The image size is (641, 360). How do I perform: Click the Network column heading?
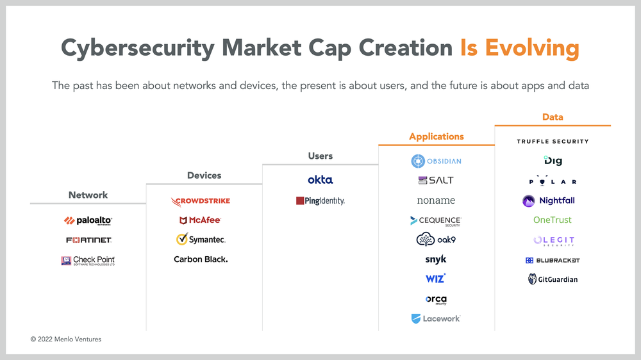(x=88, y=195)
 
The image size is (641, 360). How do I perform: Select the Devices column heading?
(x=204, y=176)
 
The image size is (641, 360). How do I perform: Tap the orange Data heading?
(x=553, y=117)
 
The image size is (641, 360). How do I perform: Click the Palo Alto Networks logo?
(x=88, y=220)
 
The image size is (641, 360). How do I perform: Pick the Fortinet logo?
(x=88, y=240)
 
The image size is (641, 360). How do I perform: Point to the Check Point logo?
(x=88, y=260)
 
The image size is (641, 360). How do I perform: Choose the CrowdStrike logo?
(x=200, y=201)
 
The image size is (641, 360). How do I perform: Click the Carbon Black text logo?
(x=201, y=259)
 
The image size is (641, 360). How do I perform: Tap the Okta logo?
(x=320, y=179)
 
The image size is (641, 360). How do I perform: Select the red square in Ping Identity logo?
(x=300, y=200)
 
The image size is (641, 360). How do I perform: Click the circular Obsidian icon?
(x=418, y=161)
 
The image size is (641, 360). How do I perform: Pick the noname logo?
(x=436, y=200)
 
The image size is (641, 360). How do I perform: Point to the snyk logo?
(x=436, y=259)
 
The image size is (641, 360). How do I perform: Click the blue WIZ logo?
(x=435, y=279)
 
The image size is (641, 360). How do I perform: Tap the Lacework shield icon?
(x=416, y=319)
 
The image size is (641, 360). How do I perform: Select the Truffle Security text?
(x=553, y=142)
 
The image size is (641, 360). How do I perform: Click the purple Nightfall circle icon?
(x=529, y=200)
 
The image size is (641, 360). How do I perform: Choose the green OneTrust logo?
(x=553, y=220)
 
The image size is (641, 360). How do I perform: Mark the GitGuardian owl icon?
(x=532, y=279)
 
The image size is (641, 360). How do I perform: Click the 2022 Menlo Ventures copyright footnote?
(x=66, y=339)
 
